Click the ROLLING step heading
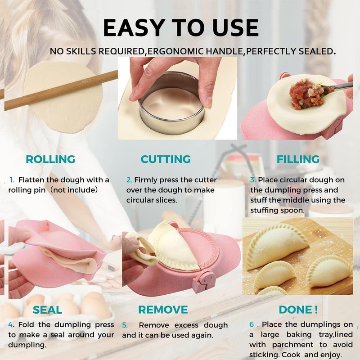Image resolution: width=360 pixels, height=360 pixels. [x=50, y=159]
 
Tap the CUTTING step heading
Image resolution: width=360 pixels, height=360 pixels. [x=166, y=159]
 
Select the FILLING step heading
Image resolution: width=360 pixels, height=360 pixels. [x=298, y=159]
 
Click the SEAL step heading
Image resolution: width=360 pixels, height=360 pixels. [x=47, y=310]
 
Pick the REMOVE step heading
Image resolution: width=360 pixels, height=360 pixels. [x=163, y=310]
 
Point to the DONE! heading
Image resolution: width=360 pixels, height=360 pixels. [x=298, y=310]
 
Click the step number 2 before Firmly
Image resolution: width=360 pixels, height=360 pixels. [x=129, y=180]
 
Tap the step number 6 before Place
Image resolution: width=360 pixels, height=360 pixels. [x=252, y=324]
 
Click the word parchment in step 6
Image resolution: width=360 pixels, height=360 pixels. [x=292, y=345]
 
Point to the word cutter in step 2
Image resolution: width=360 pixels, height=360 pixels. [x=206, y=180]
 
